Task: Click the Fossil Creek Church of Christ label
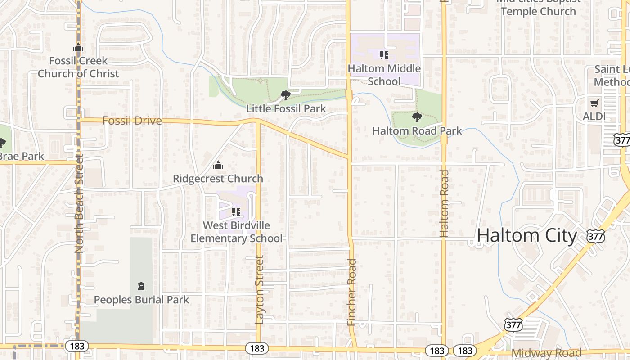(78, 67)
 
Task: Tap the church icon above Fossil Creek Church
(78, 47)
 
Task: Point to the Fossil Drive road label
(132, 121)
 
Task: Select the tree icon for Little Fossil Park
(285, 95)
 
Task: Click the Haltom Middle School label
(384, 75)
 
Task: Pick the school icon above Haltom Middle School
(384, 55)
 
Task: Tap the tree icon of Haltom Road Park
(417, 117)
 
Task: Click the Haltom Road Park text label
(417, 131)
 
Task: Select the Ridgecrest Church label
(218, 179)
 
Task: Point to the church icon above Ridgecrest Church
(218, 165)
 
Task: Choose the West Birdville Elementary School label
(236, 232)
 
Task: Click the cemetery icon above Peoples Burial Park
(141, 286)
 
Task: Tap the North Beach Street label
(80, 203)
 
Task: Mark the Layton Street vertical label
(259, 290)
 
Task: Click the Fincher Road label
(352, 292)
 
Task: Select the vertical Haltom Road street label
(444, 203)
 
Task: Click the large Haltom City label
(526, 236)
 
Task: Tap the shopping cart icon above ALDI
(594, 103)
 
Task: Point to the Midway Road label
(546, 353)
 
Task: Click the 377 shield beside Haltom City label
(595, 236)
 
